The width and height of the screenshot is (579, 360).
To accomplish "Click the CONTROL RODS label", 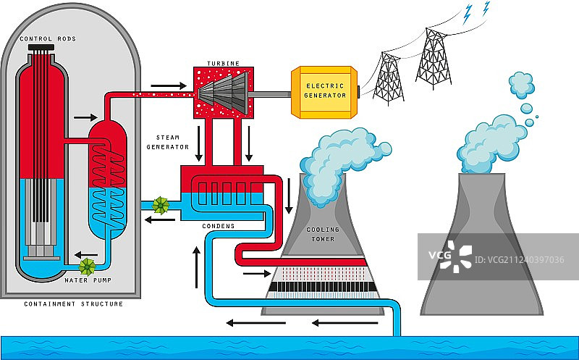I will [48, 39].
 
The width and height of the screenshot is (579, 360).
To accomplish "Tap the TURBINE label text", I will [224, 64].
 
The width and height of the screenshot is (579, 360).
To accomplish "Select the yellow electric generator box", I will [324, 92].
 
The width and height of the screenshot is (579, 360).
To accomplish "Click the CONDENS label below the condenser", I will [219, 226].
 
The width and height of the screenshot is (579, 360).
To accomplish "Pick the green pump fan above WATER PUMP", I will [88, 266].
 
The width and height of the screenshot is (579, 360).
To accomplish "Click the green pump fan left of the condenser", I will [160, 206].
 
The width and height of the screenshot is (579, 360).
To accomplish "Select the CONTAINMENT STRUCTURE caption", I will [73, 304].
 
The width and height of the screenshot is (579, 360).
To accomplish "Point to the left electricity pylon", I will [389, 78].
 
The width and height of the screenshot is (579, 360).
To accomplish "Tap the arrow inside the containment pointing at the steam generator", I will [85, 117].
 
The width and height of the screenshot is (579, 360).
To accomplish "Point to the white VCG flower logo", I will [457, 256].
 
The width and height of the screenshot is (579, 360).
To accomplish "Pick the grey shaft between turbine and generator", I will [272, 93].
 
